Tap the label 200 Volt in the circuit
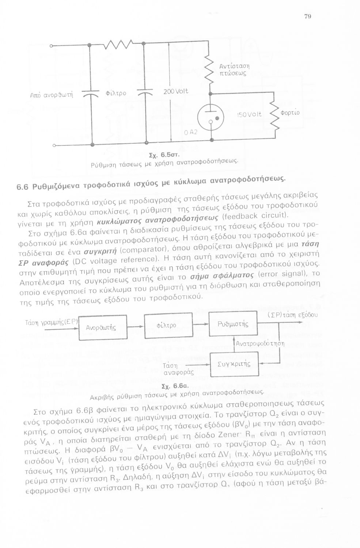pos(176,91)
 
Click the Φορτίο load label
pos(290,113)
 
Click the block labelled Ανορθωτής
pos(101,328)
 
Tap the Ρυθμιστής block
pos(233,324)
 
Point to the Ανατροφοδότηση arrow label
pos(260,344)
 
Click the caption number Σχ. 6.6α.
pos(175,386)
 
